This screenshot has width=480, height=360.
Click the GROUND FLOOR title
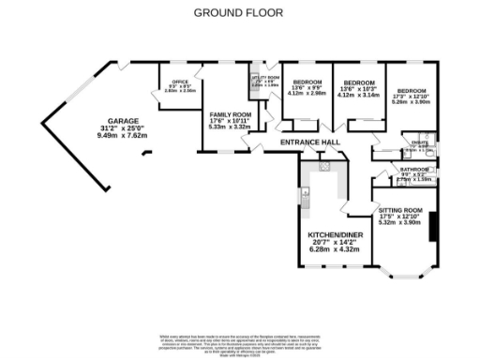point(239,13)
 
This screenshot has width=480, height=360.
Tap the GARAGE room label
point(122,122)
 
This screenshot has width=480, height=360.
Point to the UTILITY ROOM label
point(263,79)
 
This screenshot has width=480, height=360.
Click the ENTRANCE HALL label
point(309,142)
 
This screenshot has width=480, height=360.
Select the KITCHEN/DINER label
point(334,234)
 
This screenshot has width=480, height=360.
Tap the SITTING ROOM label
point(400,210)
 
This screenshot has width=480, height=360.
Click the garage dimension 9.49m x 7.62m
point(124,135)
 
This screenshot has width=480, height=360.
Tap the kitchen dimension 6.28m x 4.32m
point(334,249)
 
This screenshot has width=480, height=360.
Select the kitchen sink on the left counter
point(306,197)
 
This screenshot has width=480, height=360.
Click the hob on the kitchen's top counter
point(323,166)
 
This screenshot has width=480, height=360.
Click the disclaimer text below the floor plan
point(240,341)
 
